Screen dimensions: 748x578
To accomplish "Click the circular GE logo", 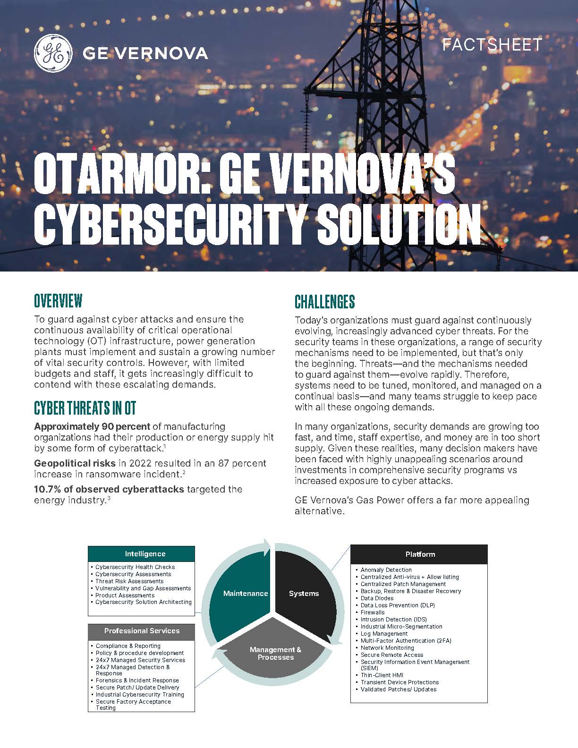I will (53, 53).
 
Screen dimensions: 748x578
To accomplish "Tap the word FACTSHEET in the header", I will (491, 44).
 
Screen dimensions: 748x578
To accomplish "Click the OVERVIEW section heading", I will (58, 300).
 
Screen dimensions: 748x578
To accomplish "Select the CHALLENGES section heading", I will (324, 302).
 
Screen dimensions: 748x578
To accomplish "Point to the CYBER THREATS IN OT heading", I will (85, 408).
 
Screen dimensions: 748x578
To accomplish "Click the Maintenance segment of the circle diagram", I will (245, 594).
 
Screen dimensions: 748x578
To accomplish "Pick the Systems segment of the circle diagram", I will (304, 594).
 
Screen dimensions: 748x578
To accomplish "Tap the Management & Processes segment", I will (275, 653).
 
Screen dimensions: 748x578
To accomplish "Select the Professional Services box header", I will (141, 631).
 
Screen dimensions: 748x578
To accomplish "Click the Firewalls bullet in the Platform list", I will (373, 612).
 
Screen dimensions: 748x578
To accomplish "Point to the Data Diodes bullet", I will (377, 598).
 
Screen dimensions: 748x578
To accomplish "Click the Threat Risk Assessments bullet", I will (129, 581).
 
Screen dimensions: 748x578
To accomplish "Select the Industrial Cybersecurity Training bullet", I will (140, 695).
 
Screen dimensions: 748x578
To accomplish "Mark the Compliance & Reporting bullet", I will (128, 646).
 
